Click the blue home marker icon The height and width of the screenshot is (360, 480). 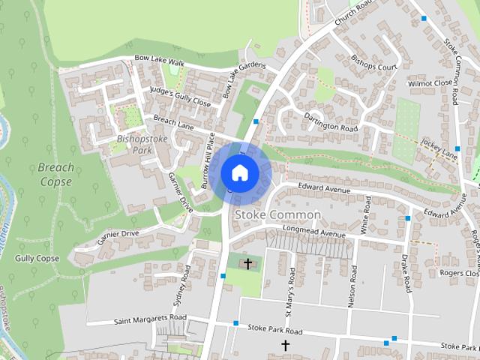coord(239,172)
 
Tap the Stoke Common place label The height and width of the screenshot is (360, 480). coord(277,215)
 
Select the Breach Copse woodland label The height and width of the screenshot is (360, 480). coord(55,174)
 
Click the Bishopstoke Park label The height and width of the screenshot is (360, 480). coord(133,144)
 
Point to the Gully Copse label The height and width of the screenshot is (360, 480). coord(37,259)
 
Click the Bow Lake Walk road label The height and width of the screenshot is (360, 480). coord(159,60)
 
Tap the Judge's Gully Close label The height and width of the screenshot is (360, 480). coord(180,95)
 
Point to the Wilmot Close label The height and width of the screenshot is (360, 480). coord(430,83)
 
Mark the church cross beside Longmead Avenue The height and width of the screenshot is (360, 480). coord(247,263)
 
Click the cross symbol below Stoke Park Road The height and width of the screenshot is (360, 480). coord(285,345)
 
